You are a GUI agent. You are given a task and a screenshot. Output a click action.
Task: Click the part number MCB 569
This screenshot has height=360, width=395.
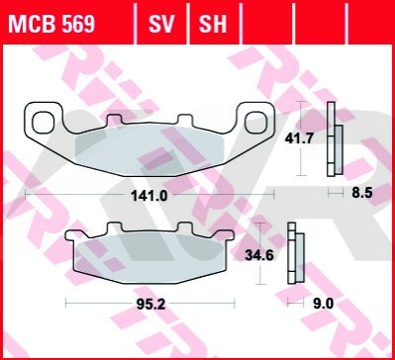[51, 24]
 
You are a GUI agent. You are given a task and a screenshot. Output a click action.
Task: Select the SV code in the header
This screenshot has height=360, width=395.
[161, 24]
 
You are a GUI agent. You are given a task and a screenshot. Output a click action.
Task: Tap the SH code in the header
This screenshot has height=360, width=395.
[213, 24]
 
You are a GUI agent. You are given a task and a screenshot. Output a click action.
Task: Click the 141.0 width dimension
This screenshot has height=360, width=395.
[149, 196]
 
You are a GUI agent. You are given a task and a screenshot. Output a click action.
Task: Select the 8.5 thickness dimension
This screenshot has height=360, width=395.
[362, 193]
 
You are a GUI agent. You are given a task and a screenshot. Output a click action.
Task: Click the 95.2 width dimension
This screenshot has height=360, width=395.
[150, 305]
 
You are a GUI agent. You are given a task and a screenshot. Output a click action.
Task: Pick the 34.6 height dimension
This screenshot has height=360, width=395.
[259, 255]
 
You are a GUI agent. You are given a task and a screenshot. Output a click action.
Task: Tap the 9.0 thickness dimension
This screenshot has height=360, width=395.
[324, 304]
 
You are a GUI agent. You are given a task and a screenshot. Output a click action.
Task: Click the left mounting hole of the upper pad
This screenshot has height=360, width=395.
[44, 123]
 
